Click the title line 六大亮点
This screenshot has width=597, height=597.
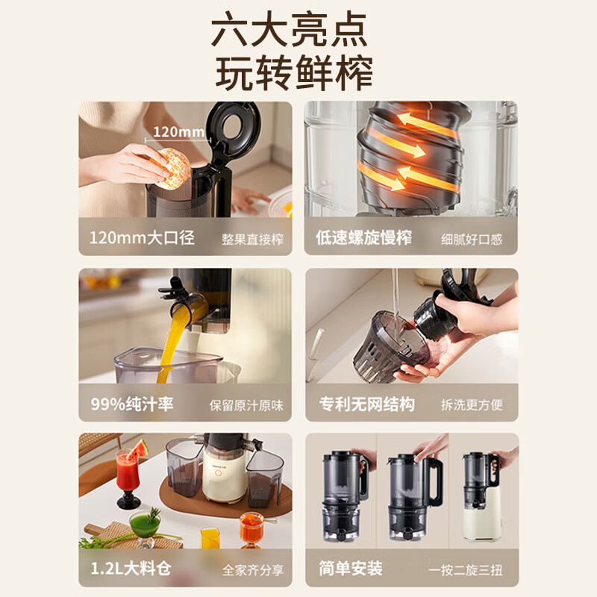(x=290, y=29)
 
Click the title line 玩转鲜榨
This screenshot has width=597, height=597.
(x=293, y=72)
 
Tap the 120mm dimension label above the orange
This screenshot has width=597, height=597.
(x=178, y=132)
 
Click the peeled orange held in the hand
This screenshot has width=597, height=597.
(x=173, y=168)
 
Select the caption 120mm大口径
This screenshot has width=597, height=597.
(x=142, y=237)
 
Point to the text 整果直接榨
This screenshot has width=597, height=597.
(x=252, y=240)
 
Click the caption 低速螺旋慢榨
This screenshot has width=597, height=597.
(x=364, y=237)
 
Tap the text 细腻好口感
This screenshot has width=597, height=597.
(x=472, y=240)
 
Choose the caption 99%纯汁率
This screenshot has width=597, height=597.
(x=132, y=404)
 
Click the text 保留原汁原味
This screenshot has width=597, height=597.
(x=246, y=406)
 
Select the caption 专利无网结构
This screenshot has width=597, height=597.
(x=367, y=404)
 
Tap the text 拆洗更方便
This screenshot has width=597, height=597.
(x=472, y=405)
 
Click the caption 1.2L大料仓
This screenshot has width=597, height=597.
(x=131, y=569)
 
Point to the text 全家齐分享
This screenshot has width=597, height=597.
(x=253, y=570)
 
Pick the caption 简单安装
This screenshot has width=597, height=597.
(x=351, y=569)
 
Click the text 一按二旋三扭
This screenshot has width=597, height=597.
(x=465, y=570)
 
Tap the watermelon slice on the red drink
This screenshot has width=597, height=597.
(x=138, y=449)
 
